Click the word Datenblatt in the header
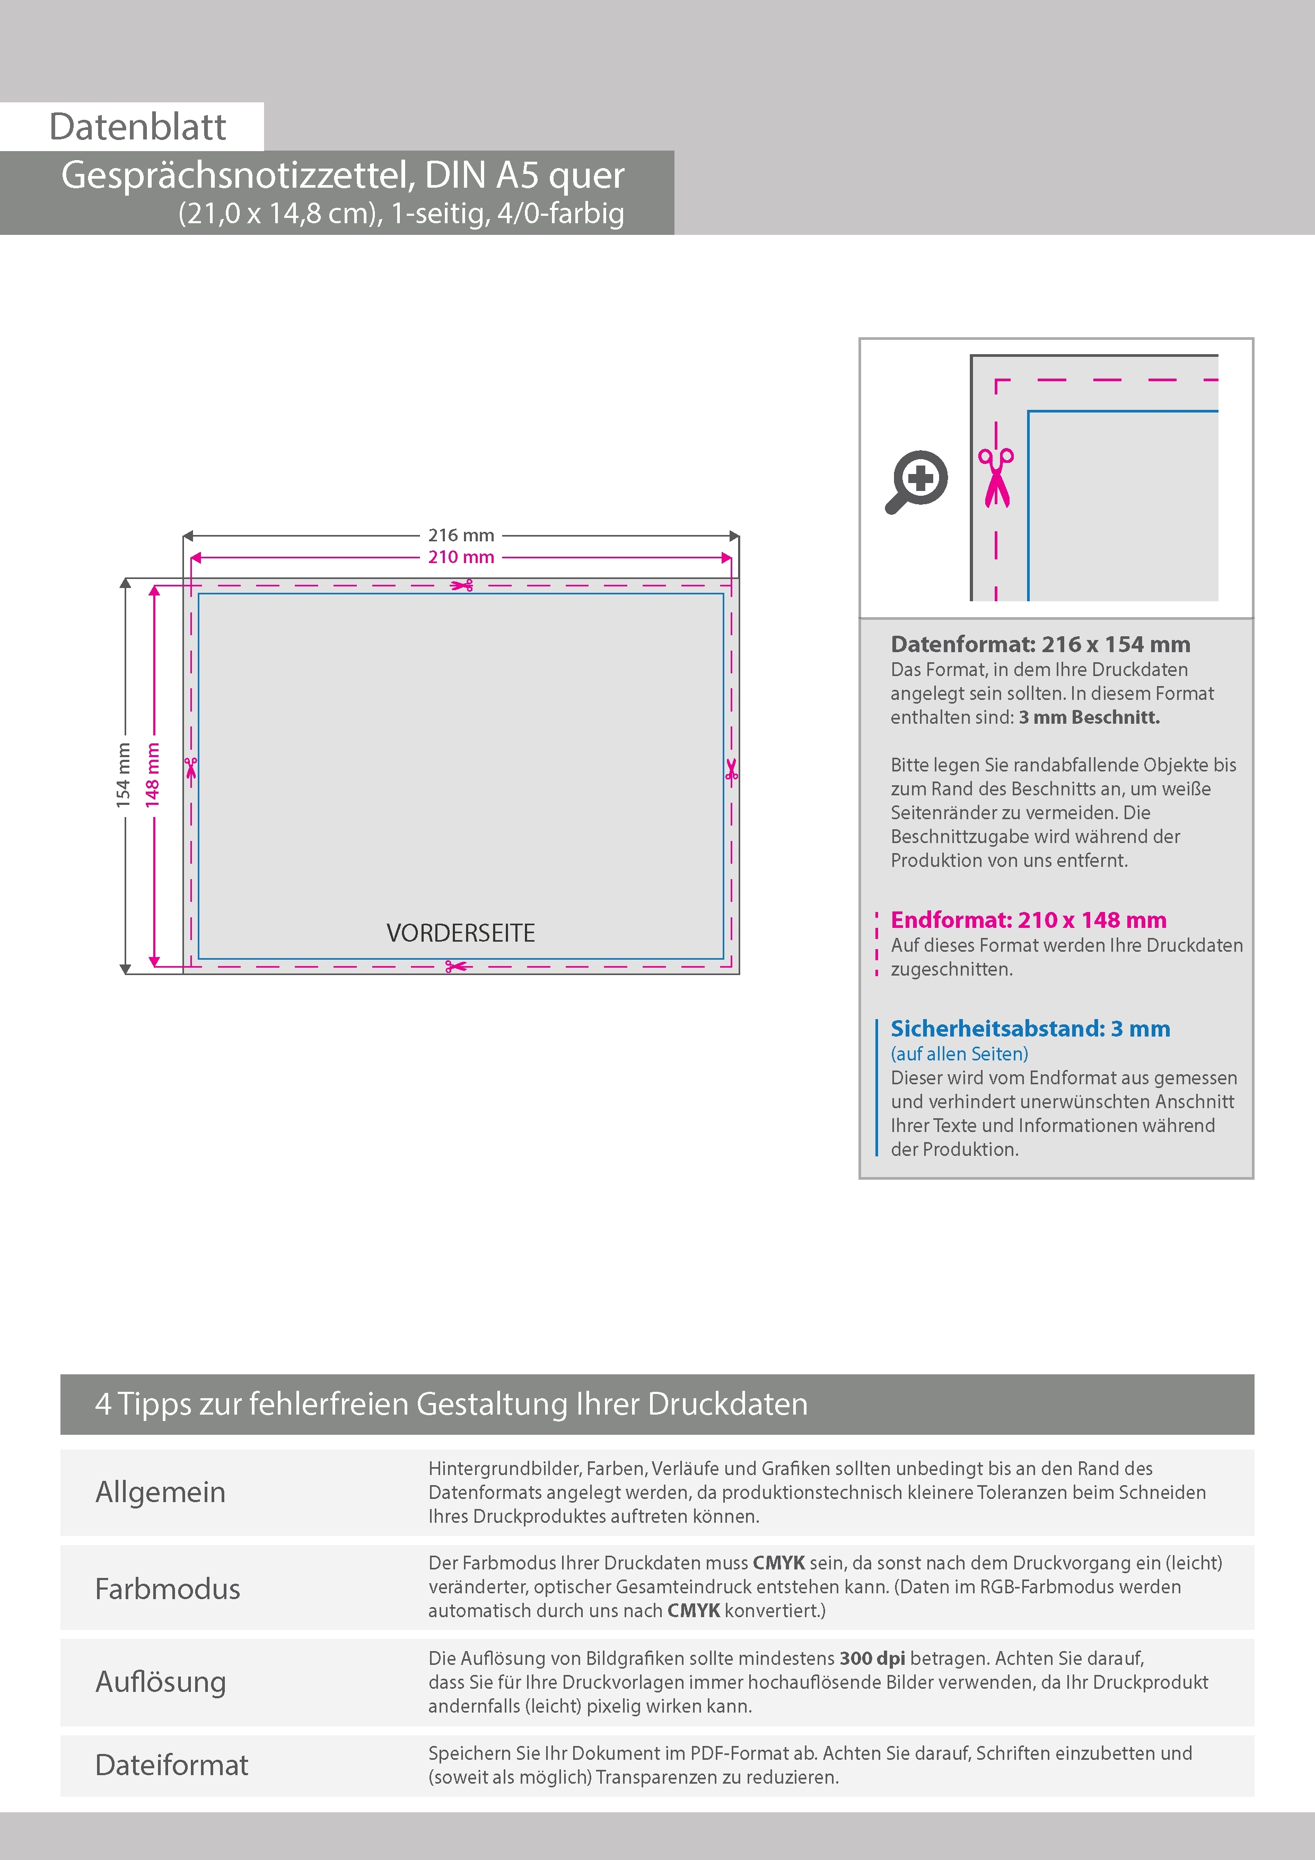point(138,127)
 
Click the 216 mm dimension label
point(461,536)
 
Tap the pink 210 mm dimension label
point(461,557)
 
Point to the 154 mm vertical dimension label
point(123,775)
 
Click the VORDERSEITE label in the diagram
point(460,933)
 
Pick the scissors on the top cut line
point(462,585)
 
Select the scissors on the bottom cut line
point(456,967)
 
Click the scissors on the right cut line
point(732,769)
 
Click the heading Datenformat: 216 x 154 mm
point(1040,645)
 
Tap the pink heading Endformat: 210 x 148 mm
point(1028,920)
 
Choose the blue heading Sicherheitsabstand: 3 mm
point(1030,1029)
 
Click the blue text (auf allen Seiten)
point(959,1054)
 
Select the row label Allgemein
point(161,1492)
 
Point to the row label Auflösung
point(161,1682)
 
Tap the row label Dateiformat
point(172,1765)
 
